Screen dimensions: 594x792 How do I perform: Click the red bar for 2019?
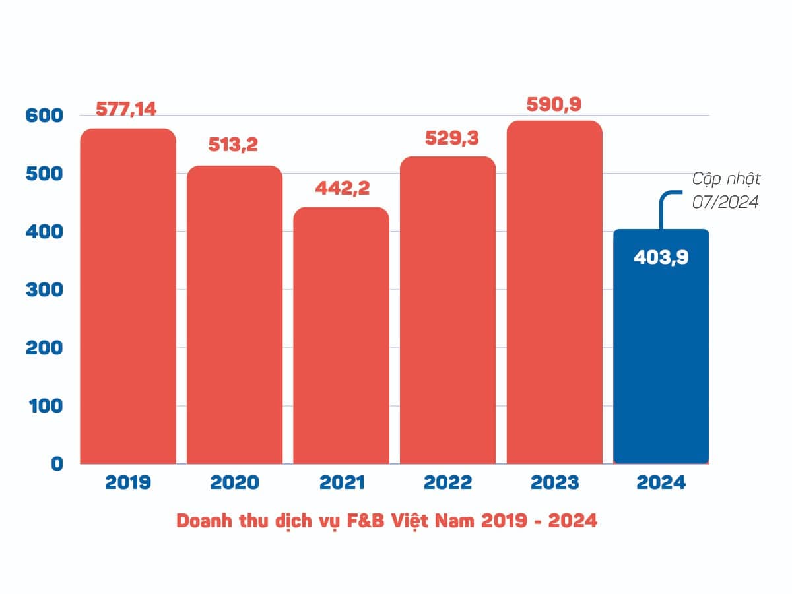[x=128, y=297]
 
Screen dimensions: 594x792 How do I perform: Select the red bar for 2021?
[x=341, y=337]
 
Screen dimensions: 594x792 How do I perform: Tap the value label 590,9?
[x=554, y=104]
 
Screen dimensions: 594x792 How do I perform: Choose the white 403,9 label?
[x=661, y=257]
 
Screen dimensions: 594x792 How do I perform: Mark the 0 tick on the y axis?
[x=56, y=464]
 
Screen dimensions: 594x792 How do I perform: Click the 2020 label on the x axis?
[x=234, y=482]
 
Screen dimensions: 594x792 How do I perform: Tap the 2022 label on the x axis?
[x=448, y=482]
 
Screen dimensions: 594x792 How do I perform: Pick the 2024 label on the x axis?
[x=661, y=482]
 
